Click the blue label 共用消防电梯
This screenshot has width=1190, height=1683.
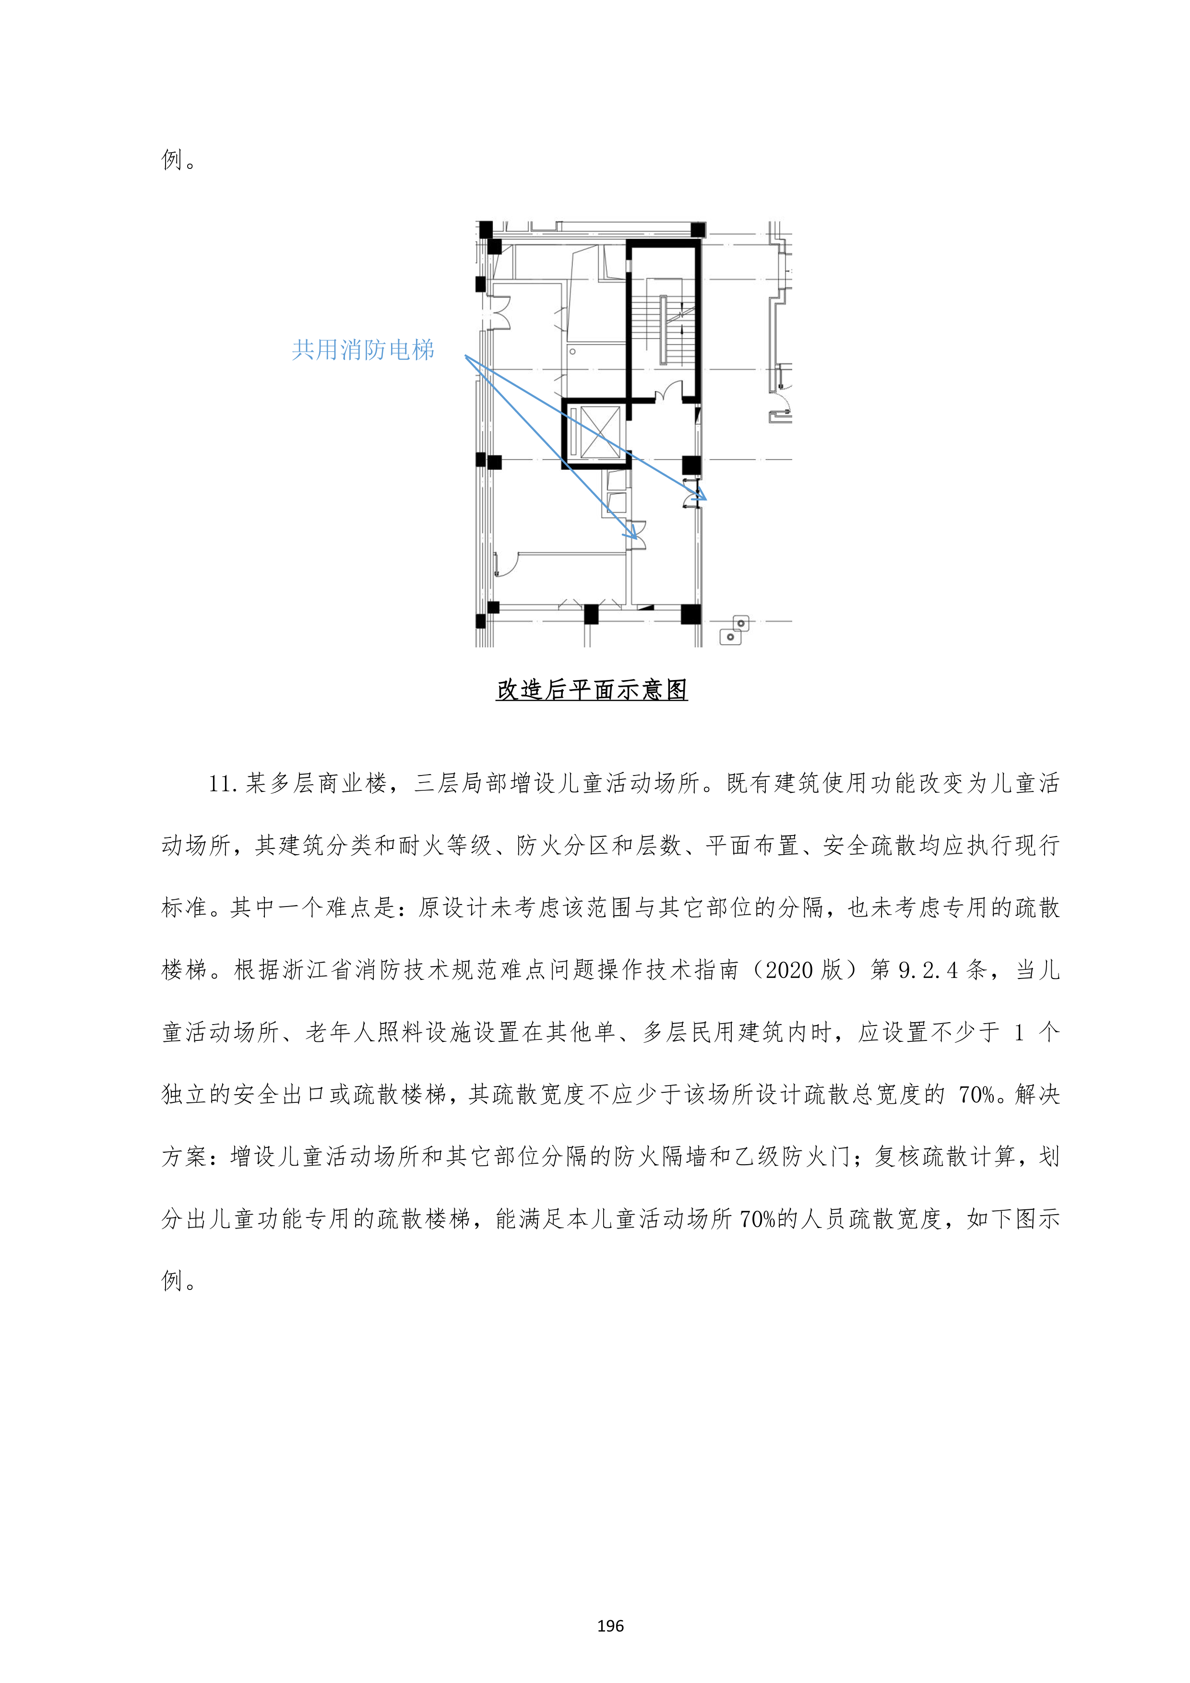[x=363, y=350]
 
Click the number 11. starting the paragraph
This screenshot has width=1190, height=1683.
[x=224, y=784]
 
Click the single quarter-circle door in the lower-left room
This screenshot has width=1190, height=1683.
[x=506, y=564]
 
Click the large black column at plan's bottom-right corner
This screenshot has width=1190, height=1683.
[x=691, y=613]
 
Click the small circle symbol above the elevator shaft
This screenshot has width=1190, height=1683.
[x=572, y=352]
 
